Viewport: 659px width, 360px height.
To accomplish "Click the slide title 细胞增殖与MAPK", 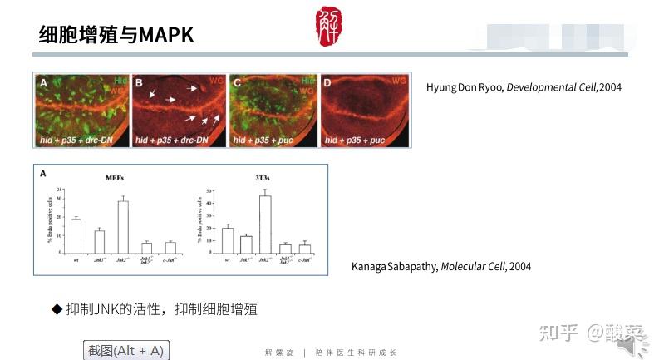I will tap(116, 35).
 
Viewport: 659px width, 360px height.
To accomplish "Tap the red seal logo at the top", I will tap(329, 26).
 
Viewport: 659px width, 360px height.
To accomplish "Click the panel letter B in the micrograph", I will tap(139, 82).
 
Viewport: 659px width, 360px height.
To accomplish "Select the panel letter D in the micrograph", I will tap(327, 82).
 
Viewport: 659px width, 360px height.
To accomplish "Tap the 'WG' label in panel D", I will tap(398, 81).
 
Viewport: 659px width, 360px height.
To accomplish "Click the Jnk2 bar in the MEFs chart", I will tap(123, 227).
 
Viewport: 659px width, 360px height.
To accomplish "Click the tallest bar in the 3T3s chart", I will tap(265, 224).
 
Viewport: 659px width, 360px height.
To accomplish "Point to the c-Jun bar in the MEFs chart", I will tap(170, 248).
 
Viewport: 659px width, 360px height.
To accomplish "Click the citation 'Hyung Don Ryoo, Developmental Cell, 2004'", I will tap(524, 87).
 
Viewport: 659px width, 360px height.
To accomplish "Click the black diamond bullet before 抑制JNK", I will tap(57, 309).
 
